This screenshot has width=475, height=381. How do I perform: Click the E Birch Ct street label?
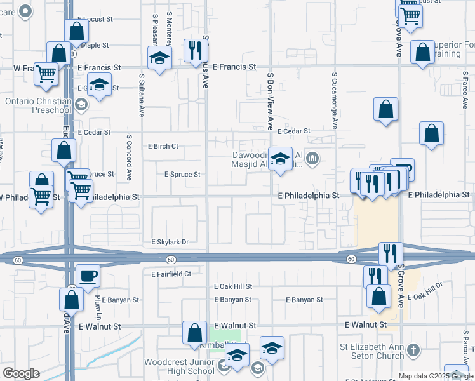163,146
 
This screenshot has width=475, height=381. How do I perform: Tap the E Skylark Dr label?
170,242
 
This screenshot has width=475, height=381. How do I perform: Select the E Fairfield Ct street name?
171,274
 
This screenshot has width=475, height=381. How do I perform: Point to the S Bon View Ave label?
270,102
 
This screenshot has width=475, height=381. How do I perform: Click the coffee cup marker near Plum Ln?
88,276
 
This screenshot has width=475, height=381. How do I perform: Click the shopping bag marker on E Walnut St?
194,333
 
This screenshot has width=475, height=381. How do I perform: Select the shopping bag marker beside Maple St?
58,54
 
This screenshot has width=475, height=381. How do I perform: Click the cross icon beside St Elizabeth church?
413,350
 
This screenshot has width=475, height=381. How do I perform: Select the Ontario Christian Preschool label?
38,105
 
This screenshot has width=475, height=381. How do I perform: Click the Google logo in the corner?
21,373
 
